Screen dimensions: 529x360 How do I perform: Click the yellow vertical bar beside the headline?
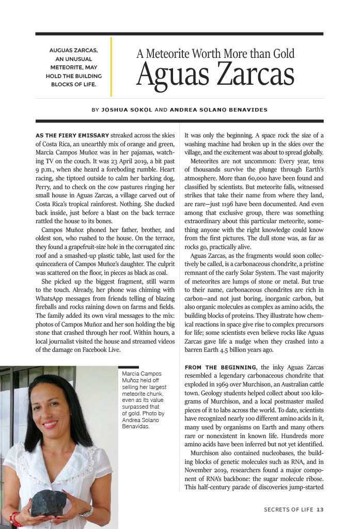pyautogui.click(x=111, y=67)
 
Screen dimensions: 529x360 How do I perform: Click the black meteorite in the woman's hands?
pyautogui.click(x=49, y=502)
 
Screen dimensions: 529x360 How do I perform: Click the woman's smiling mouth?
pyautogui.click(x=50, y=424)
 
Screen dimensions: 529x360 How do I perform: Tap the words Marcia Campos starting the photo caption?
pyautogui.click(x=141, y=373)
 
